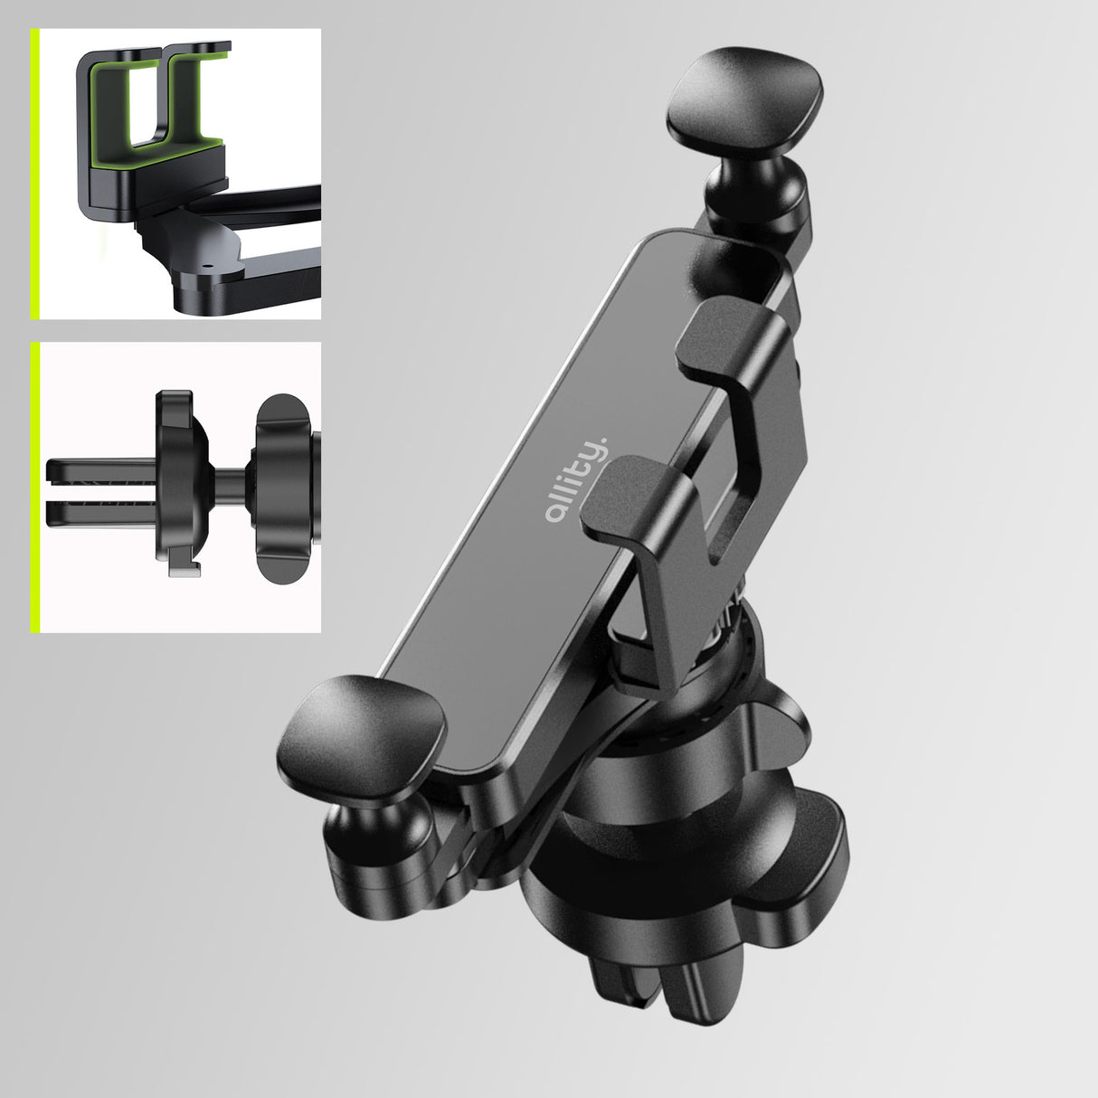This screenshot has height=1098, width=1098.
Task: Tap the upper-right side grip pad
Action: click(743, 101)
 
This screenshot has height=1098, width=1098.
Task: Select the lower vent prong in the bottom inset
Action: click(95, 514)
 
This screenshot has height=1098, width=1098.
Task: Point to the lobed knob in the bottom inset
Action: click(286, 489)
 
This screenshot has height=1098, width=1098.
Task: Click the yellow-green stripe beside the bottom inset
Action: click(34, 487)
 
